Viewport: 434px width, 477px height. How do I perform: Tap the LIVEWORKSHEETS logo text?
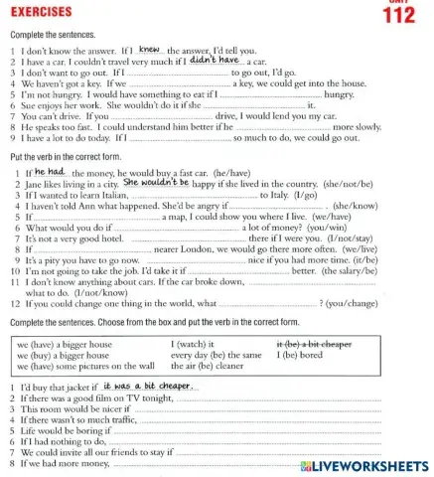365,466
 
